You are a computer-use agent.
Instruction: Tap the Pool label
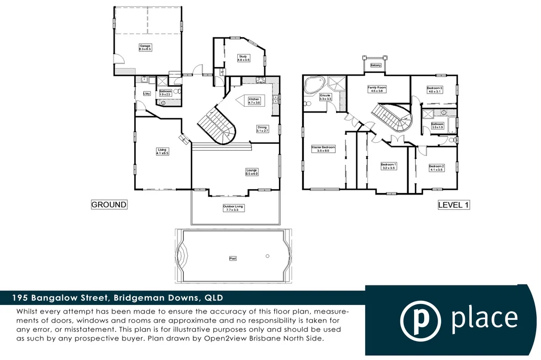(233, 259)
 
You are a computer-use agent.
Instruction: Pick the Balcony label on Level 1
(376, 65)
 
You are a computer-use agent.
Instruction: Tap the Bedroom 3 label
(434, 89)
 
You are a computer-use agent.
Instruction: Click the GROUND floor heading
(109, 205)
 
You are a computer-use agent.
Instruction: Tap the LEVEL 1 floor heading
(453, 205)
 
